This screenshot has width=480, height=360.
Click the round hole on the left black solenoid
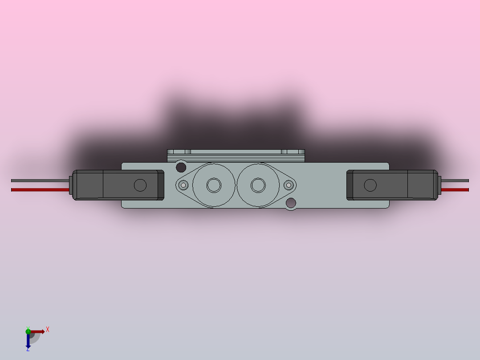[x=140, y=185]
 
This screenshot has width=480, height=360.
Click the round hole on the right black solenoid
[x=370, y=185]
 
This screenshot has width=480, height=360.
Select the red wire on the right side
[x=455, y=190]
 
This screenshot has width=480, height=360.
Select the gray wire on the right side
[x=455, y=180]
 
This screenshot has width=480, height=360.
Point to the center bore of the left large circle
[x=214, y=185]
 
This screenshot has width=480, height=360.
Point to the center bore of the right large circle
[x=258, y=184]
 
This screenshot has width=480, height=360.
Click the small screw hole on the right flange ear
[x=289, y=184]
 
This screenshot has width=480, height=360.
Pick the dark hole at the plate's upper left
[x=181, y=168]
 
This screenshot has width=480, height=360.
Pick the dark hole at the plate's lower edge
[x=291, y=203]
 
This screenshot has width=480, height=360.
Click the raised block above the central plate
[x=236, y=155]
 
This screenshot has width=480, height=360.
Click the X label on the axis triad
[x=48, y=330]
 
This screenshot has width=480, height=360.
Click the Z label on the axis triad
[x=28, y=349]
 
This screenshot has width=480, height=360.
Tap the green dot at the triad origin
[x=28, y=331]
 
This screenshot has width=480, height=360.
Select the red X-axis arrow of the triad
[x=38, y=331]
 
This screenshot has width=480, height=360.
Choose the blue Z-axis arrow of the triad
[x=28, y=341]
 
